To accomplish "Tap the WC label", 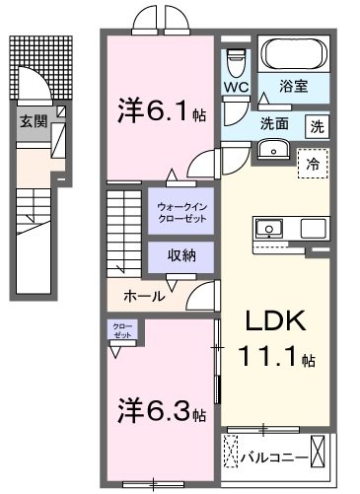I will pos(235,87).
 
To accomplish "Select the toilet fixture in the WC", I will pos(234,61).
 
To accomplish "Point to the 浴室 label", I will pos(293,87).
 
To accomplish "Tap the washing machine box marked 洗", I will pos(317,126).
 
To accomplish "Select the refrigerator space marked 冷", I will pos(313,165).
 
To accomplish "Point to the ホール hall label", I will pos(143,296).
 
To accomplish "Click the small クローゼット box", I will pos(118,330).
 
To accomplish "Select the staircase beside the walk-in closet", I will pos(125,229).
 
